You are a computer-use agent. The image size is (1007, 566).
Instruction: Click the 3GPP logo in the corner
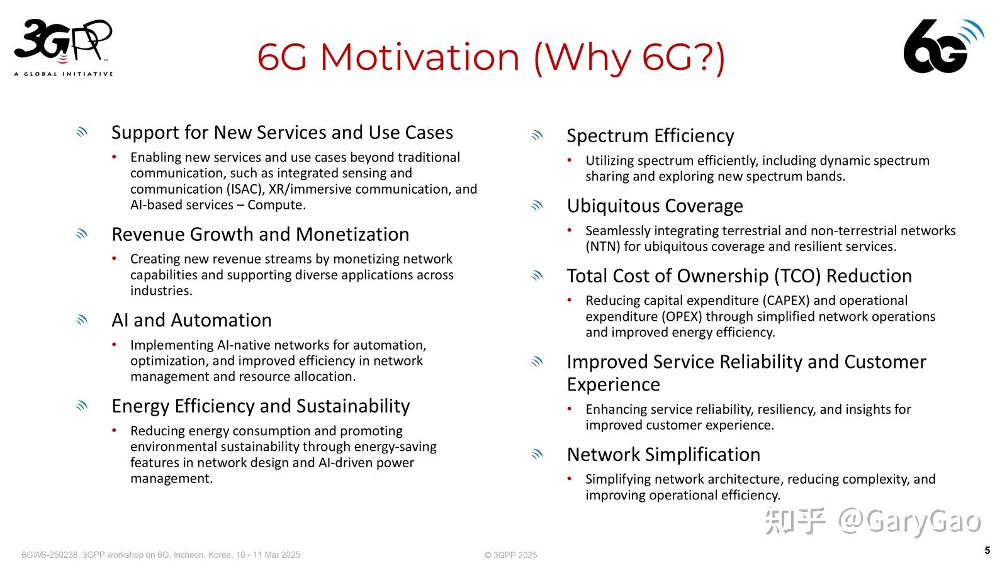pyautogui.click(x=63, y=47)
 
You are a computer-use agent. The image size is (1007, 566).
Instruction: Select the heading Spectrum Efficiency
pyautogui.click(x=650, y=136)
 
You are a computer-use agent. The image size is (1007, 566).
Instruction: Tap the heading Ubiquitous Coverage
pyautogui.click(x=655, y=206)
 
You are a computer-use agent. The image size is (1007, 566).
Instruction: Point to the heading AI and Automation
pyautogui.click(x=191, y=320)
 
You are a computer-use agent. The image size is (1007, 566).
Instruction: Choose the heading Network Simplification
pyautogui.click(x=663, y=455)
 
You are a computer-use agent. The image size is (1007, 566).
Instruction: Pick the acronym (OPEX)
pyautogui.click(x=682, y=316)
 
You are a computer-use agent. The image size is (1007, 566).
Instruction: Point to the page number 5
pyautogui.click(x=987, y=551)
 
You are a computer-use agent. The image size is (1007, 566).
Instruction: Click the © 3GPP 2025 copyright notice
pyautogui.click(x=510, y=555)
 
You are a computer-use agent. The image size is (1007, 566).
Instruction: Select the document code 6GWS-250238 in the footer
pyautogui.click(x=50, y=555)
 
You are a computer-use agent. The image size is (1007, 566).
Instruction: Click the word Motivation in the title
pyautogui.click(x=420, y=57)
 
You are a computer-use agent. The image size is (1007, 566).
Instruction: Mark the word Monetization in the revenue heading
pyautogui.click(x=352, y=235)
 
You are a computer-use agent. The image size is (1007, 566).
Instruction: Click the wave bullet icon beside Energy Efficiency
pyautogui.click(x=82, y=406)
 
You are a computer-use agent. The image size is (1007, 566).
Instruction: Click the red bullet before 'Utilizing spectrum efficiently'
pyautogui.click(x=570, y=160)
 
